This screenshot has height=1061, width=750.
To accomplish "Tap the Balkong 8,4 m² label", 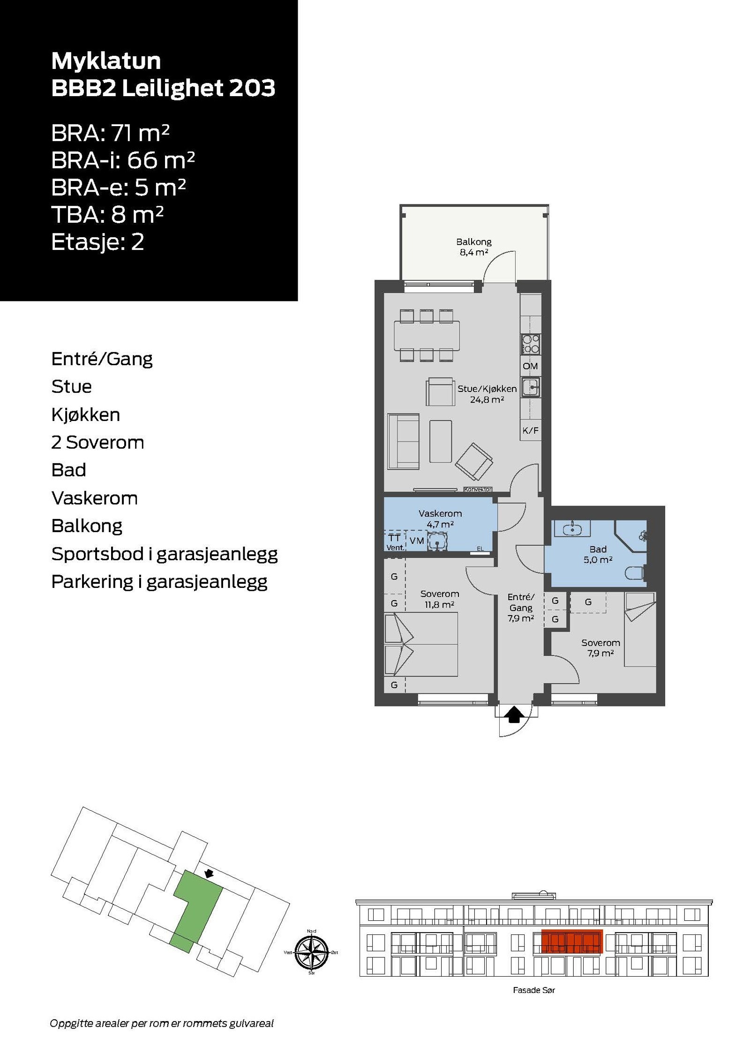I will point(473,247).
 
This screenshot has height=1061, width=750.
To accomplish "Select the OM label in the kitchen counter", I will point(530,366).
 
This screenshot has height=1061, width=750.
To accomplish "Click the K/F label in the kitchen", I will point(530,430).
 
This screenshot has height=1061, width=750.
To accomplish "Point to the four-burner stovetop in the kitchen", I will point(531,344).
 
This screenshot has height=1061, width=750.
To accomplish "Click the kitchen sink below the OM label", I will point(531,387).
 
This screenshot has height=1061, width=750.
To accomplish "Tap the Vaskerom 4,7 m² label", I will point(440,519).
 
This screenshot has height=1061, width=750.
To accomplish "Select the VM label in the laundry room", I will point(416,541).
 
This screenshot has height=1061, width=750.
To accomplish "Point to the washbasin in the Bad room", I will point(571,530).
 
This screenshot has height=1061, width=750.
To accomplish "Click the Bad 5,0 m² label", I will point(598,554).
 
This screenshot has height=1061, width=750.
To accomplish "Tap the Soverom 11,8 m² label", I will point(439,599).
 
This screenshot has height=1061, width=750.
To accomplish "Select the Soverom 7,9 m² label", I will point(600,648).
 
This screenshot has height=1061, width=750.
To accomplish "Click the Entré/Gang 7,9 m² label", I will point(520,608).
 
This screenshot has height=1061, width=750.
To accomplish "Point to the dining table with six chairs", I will point(427,335).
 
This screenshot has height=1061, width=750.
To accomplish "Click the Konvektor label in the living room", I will point(477,489).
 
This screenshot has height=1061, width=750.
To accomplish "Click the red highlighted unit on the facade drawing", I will point(571,942).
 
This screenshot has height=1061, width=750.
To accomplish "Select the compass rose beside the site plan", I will point(311,952).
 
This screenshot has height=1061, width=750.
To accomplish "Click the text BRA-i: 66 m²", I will point(123,160).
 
